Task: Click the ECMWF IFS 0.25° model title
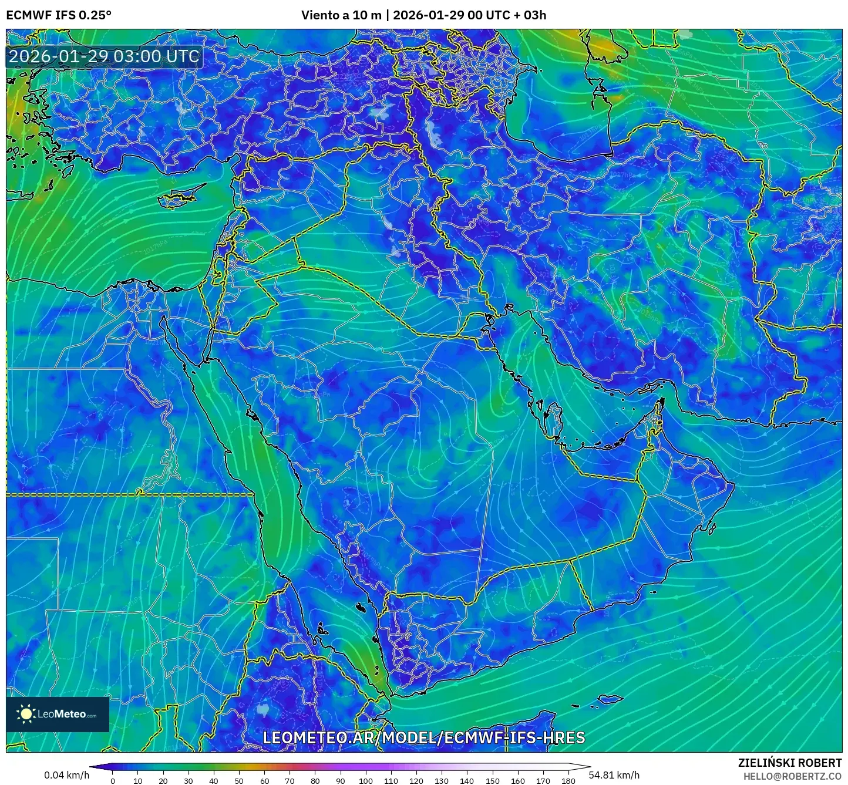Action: pyautogui.click(x=59, y=15)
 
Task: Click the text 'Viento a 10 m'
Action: pyautogui.click(x=341, y=15)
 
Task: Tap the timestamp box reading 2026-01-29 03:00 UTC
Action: pyautogui.click(x=104, y=56)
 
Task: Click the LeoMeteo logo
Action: pyautogui.click(x=58, y=714)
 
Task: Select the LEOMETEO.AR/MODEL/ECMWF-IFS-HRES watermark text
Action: pyautogui.click(x=423, y=737)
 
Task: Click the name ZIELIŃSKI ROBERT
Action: pyautogui.click(x=789, y=762)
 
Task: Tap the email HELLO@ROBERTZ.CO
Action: pyautogui.click(x=792, y=776)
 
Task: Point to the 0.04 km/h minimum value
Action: pyautogui.click(x=66, y=775)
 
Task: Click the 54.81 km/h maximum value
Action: pyautogui.click(x=614, y=775)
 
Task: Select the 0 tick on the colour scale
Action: pyautogui.click(x=113, y=781)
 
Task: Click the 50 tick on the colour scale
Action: pyautogui.click(x=239, y=781)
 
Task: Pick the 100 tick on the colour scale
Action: pyautogui.click(x=366, y=781)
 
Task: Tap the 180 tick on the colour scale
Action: pyautogui.click(x=568, y=781)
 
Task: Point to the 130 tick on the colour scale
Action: pyautogui.click(x=442, y=781)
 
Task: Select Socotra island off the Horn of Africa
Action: pyautogui.click(x=611, y=699)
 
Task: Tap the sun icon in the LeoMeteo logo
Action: pyautogui.click(x=26, y=714)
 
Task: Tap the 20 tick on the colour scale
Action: pyautogui.click(x=163, y=781)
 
